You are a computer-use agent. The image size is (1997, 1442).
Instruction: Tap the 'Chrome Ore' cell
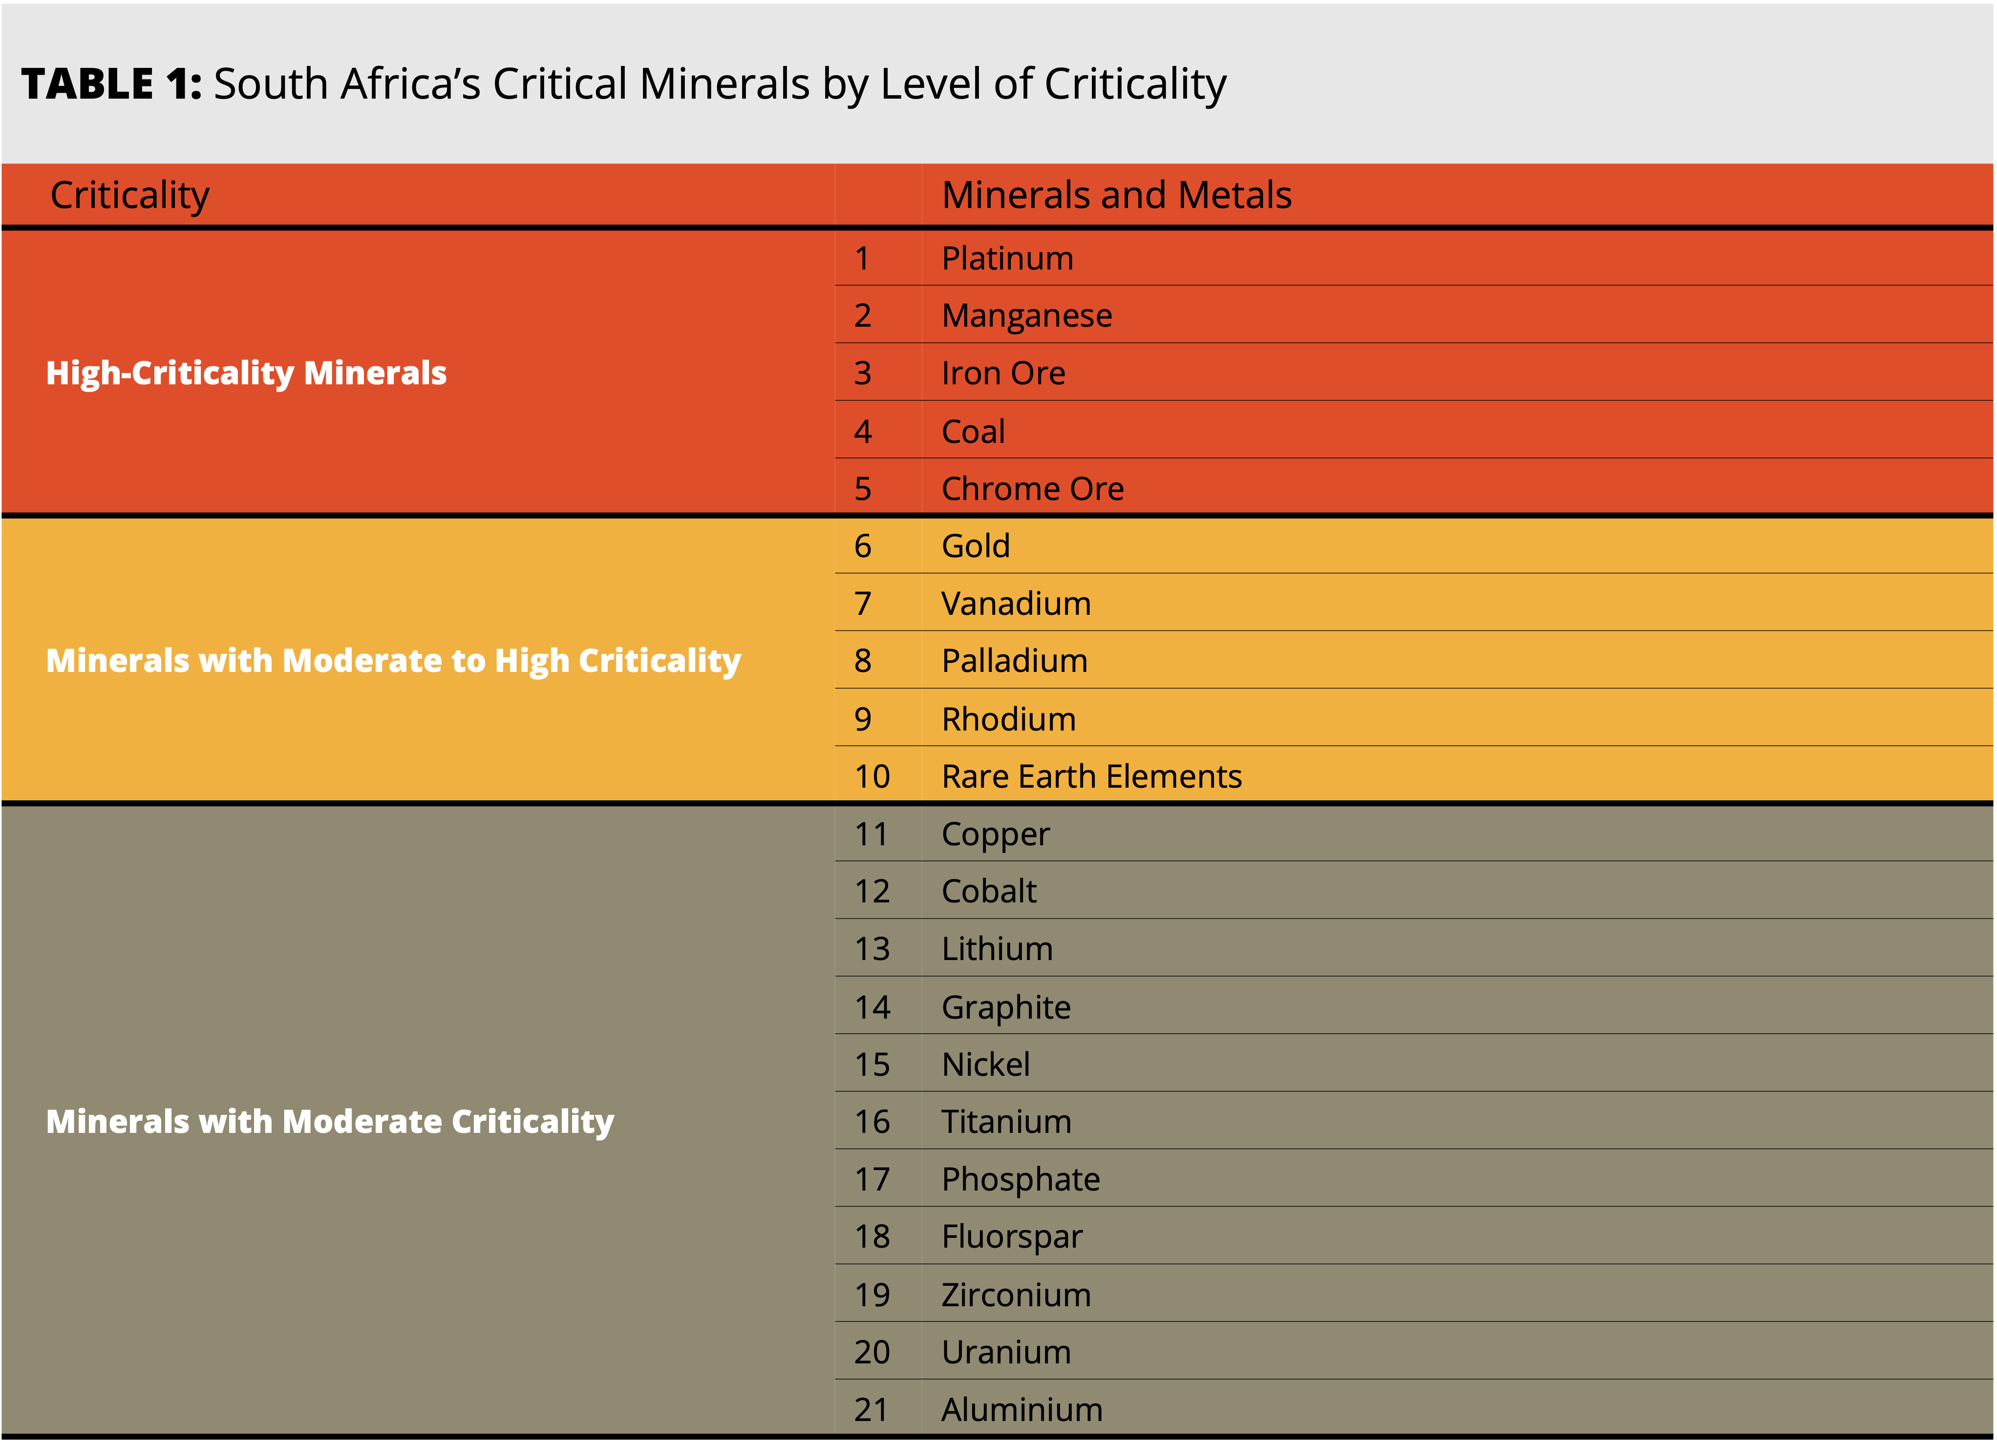[1032, 489]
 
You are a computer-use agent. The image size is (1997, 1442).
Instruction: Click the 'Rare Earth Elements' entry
[1091, 776]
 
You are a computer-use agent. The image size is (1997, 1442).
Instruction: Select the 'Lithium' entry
[997, 949]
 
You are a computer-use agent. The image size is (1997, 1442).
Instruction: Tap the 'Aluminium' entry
[1021, 1409]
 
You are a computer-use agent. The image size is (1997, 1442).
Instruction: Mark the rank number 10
[871, 776]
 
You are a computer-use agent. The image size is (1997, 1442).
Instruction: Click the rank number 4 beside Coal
[862, 431]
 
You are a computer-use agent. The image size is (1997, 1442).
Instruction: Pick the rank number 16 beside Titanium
[871, 1122]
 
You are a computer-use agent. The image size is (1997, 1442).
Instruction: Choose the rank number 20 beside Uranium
[871, 1352]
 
